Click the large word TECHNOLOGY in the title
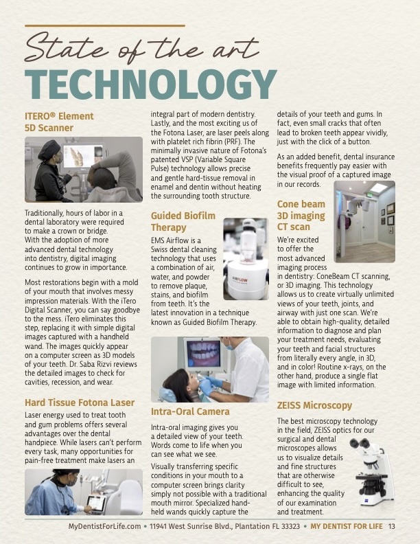[150, 83]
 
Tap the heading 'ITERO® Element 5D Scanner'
[59, 122]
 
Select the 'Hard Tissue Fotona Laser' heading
[80, 402]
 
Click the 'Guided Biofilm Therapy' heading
[183, 221]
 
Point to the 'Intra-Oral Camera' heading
[189, 411]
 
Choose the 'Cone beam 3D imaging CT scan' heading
[301, 215]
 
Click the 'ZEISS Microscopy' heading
[314, 405]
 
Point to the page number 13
[391, 527]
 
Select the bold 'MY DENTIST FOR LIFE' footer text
[347, 527]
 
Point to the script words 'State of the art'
[142, 49]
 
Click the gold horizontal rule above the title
[105, 25]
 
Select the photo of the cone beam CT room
[364, 221]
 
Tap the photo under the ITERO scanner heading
[84, 169]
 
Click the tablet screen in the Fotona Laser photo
[95, 502]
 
